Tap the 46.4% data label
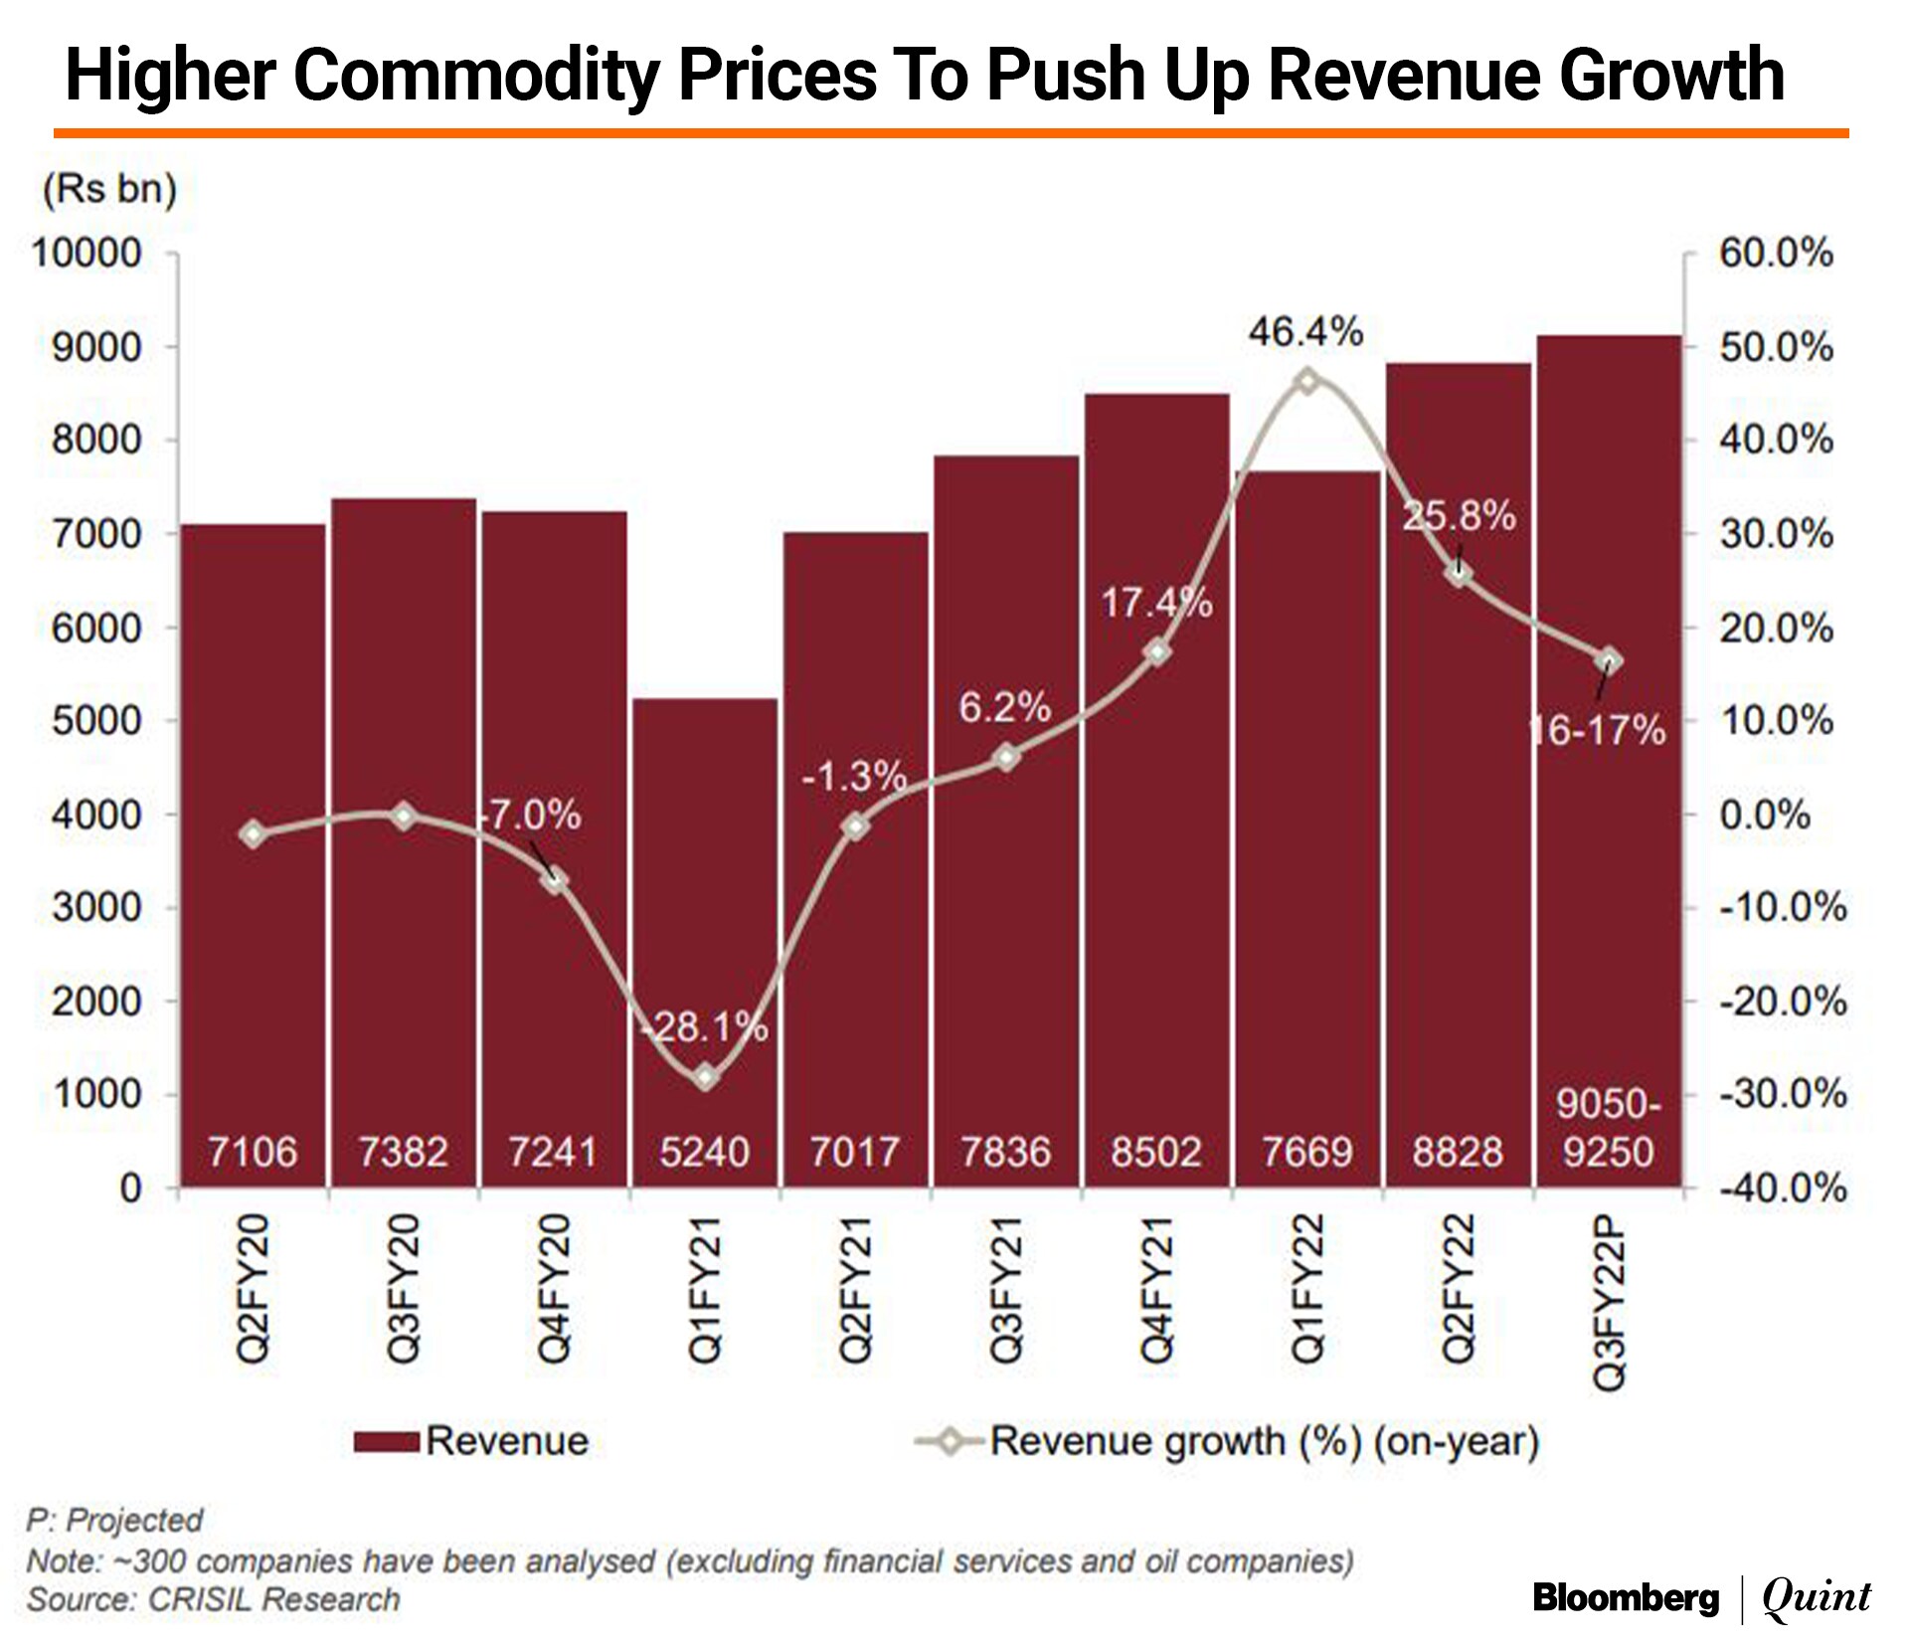pyautogui.click(x=1305, y=332)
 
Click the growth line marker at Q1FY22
pyautogui.click(x=1307, y=381)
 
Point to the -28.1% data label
pyautogui.click(x=705, y=1027)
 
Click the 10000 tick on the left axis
pyautogui.click(x=87, y=254)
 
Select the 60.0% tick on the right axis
pyautogui.click(x=1776, y=254)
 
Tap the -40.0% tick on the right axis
pyautogui.click(x=1783, y=1188)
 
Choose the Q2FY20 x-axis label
pyautogui.click(x=253, y=1288)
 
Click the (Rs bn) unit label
pyautogui.click(x=109, y=189)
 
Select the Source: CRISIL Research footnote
pyautogui.click(x=214, y=1599)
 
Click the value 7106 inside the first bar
pyautogui.click(x=253, y=1152)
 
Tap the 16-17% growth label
pyautogui.click(x=1597, y=731)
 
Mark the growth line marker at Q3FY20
pyautogui.click(x=404, y=817)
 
